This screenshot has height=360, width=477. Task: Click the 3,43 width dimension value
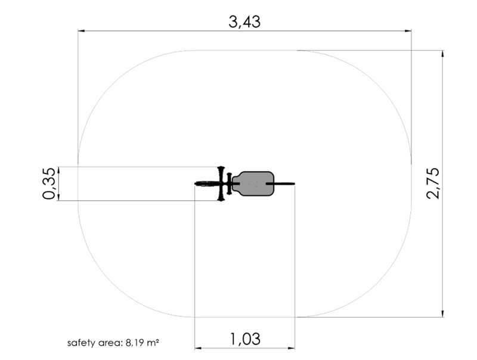coord(244,22)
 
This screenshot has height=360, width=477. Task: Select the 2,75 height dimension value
coord(433,184)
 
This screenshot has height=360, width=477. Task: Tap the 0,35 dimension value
coord(49,184)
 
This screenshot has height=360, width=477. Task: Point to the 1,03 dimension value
coord(245,339)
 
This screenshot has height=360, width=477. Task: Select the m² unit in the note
coord(153,343)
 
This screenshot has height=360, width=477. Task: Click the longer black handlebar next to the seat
coord(221,184)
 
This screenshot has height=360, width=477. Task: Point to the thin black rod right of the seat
coord(280,184)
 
